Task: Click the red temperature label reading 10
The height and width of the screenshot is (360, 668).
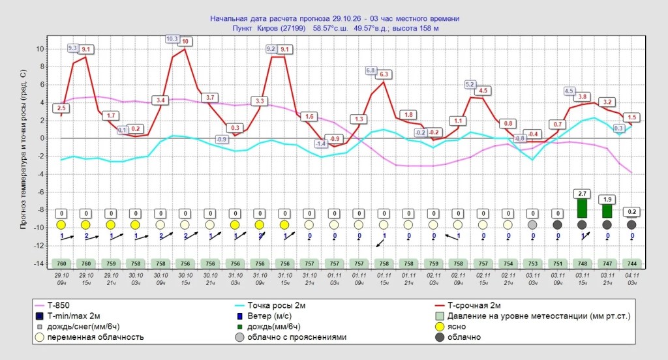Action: click(185, 41)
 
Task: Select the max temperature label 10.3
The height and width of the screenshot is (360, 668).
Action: click(172, 38)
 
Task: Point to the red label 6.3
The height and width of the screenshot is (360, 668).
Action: click(384, 74)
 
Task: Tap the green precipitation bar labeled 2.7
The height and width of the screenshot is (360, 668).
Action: click(582, 208)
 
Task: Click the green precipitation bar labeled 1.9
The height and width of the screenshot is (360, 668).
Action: click(607, 211)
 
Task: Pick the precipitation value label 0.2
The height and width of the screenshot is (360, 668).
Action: click(631, 212)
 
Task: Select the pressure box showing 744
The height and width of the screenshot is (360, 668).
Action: click(632, 263)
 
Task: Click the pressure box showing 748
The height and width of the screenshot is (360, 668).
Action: click(583, 263)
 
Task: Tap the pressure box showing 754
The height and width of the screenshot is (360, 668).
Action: click(508, 263)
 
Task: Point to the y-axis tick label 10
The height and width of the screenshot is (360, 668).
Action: click(40, 49)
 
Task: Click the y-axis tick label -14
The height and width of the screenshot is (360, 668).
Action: click(38, 263)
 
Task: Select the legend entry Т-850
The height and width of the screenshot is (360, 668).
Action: click(58, 305)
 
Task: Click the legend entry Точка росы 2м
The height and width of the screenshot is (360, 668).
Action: click(276, 305)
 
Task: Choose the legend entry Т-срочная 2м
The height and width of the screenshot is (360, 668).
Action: click(474, 305)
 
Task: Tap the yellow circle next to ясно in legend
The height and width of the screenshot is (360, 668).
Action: click(440, 327)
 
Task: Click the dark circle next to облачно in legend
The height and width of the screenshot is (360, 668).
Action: click(440, 337)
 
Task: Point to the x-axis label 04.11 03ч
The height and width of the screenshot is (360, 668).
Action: click(632, 279)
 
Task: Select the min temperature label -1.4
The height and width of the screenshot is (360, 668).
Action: click(321, 144)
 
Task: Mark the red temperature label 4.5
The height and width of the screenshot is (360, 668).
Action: click(483, 90)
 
